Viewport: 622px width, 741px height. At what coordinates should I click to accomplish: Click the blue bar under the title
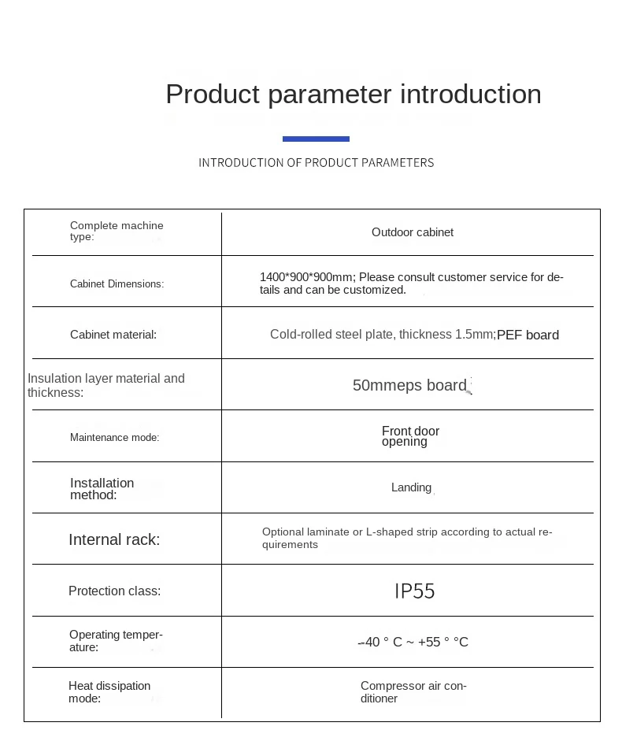[316, 139]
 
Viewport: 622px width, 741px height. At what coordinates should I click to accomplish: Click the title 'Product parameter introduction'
[354, 94]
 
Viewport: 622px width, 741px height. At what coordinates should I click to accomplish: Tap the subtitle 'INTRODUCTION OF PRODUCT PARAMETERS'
[316, 162]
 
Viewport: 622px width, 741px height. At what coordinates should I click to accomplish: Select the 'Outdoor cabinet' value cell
[413, 232]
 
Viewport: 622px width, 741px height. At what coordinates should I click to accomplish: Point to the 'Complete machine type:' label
[117, 231]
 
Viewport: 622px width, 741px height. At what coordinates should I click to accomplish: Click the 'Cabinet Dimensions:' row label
[117, 283]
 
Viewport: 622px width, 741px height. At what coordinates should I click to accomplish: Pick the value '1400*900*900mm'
[306, 277]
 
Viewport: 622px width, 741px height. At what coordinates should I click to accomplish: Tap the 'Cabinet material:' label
[113, 335]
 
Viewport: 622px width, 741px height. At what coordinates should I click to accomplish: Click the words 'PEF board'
[528, 335]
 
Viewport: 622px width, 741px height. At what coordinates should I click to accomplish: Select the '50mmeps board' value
[409, 385]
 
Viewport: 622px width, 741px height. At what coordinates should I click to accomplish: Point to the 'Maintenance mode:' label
[114, 437]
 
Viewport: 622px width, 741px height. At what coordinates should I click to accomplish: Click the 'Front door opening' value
[410, 436]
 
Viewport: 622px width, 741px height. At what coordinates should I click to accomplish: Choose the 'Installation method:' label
[102, 488]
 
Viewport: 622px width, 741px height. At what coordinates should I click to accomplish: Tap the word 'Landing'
[411, 487]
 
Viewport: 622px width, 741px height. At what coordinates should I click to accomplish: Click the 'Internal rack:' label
[114, 539]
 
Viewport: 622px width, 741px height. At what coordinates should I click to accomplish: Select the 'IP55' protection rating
[414, 591]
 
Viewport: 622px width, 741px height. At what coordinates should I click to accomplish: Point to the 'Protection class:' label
[114, 591]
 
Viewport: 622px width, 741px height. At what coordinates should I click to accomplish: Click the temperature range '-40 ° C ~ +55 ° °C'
[413, 642]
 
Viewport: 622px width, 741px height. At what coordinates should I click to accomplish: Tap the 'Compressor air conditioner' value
[413, 692]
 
